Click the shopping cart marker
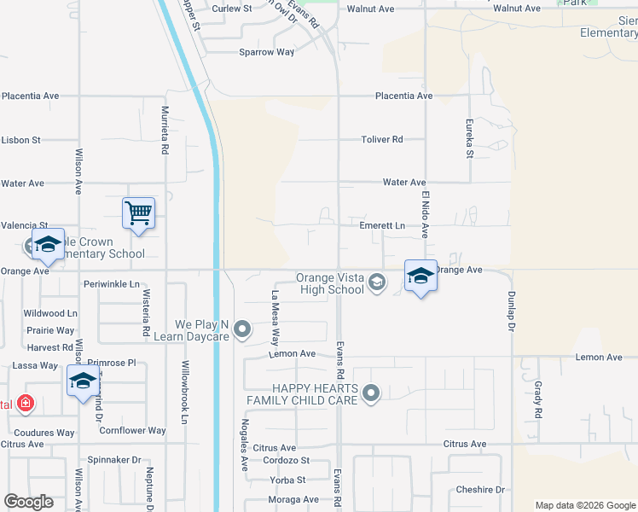pos(138,214)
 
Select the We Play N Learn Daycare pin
pos(243,329)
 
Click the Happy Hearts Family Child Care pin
pos(370,393)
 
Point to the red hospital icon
pos(26,402)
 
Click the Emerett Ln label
pos(382,226)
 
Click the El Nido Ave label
pos(425,214)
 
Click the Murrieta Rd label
pos(165,128)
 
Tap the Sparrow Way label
pos(267,52)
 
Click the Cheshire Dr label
pos(480,490)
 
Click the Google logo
pos(28,502)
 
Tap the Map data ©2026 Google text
pos(584,505)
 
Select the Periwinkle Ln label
pos(111,283)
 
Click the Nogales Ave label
pos(244,451)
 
